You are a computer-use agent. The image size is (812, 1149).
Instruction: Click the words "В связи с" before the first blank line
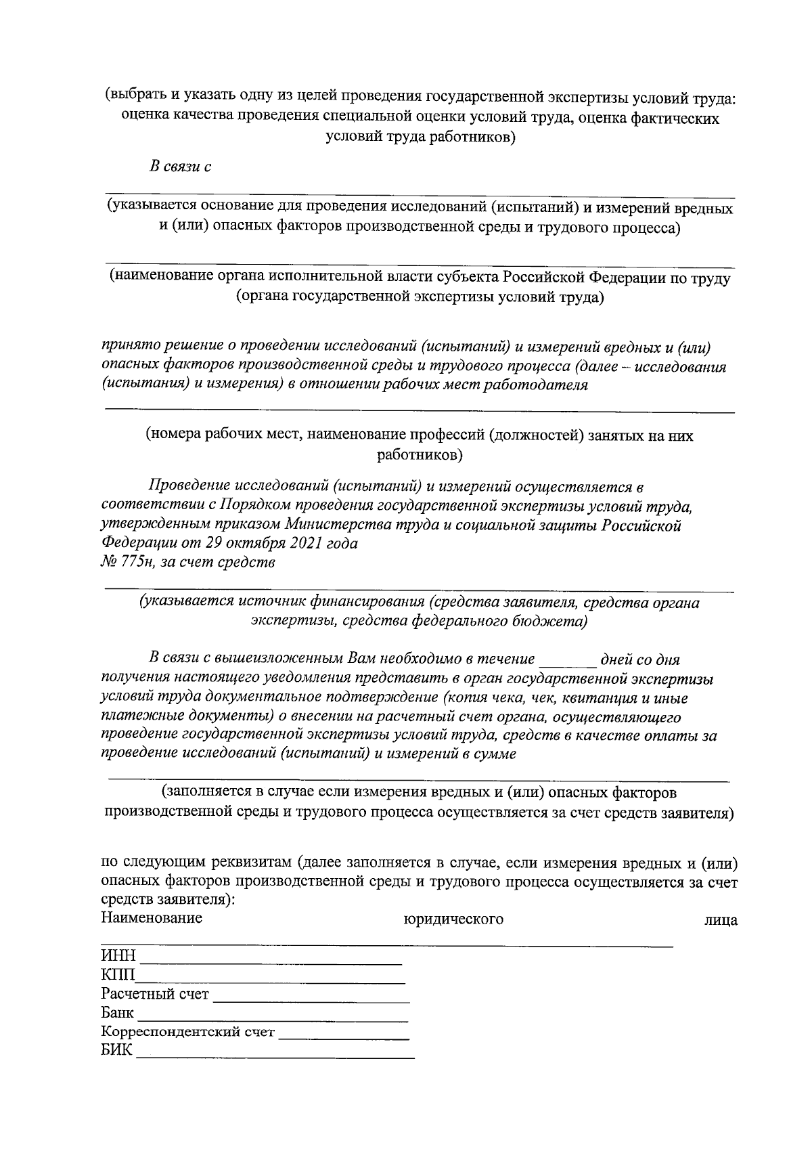pyautogui.click(x=180, y=167)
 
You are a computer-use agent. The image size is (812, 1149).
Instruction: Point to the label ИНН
pyautogui.click(x=118, y=956)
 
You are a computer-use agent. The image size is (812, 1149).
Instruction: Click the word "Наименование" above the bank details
pyautogui.click(x=152, y=918)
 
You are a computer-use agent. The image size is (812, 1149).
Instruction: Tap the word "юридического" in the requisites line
pyautogui.click(x=453, y=919)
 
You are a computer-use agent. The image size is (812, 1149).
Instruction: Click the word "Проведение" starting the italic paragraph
pyautogui.click(x=189, y=487)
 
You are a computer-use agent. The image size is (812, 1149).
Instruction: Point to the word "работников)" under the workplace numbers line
pyautogui.click(x=420, y=455)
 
